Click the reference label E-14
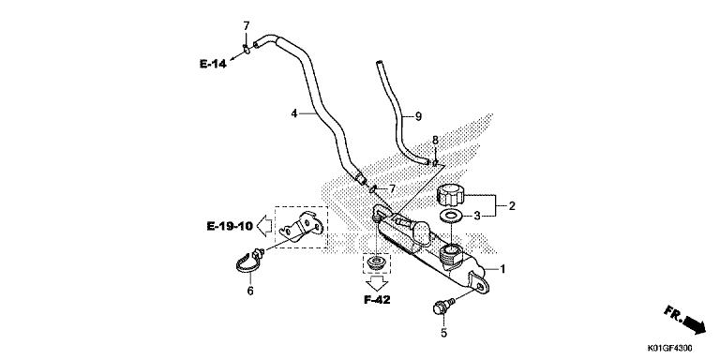coord(213,64)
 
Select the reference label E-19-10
coord(230,226)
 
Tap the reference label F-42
coord(377,300)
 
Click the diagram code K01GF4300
coord(670,348)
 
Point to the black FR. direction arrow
coord(694,324)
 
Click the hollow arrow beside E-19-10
coord(264,226)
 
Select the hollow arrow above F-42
coord(378,283)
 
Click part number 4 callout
coord(293,112)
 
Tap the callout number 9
coord(418,116)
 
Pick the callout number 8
coord(435,140)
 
